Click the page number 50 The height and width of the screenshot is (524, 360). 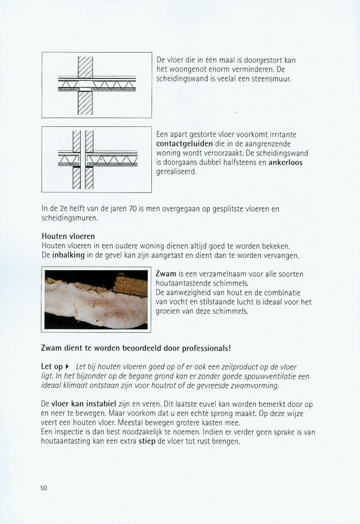[43, 488]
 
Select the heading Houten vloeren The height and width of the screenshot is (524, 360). [68, 236]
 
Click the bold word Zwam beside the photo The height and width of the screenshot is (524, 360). [166, 274]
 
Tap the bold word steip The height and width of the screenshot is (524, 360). [147, 441]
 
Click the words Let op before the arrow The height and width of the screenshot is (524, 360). [52, 367]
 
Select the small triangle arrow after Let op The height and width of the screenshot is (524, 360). [68, 367]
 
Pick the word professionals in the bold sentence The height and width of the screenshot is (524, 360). [202, 348]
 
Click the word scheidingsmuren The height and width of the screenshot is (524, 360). [69, 218]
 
